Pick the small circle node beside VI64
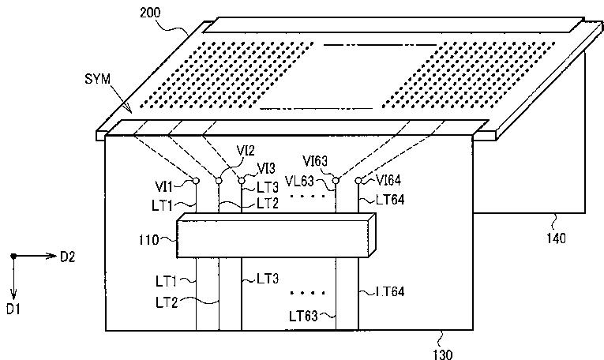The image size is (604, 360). (x=358, y=181)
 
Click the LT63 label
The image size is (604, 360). (x=304, y=317)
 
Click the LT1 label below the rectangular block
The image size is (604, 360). (x=168, y=279)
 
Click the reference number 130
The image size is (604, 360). (x=445, y=354)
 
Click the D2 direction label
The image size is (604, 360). (x=67, y=256)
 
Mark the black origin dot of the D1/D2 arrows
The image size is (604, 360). (x=13, y=256)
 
